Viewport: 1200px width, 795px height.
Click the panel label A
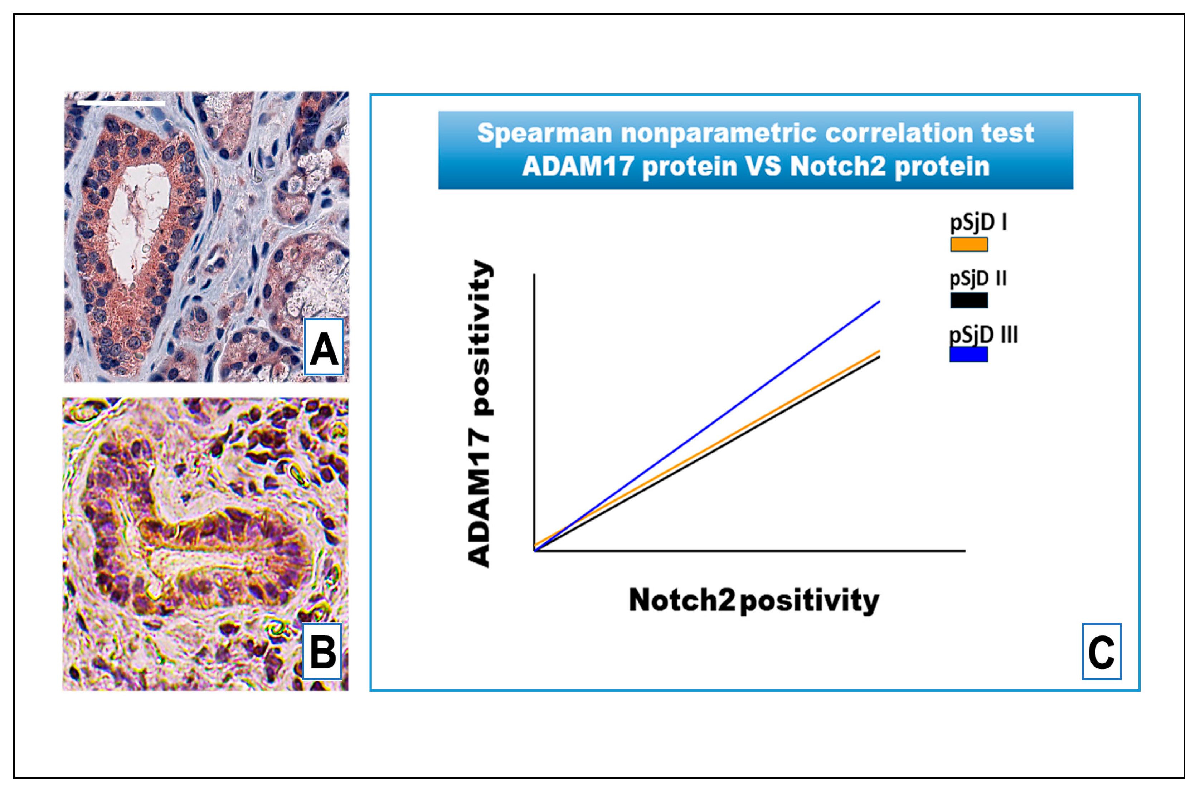[x=324, y=347]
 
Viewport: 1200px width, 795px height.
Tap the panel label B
[x=322, y=652]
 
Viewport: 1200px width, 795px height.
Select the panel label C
[x=1102, y=652]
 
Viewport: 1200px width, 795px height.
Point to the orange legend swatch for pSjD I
[x=969, y=244]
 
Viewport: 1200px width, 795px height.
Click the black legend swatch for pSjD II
[x=969, y=300]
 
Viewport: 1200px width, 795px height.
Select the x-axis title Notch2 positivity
[x=754, y=600]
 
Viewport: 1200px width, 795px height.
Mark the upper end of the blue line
[x=879, y=302]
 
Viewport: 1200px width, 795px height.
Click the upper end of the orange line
[x=879, y=351]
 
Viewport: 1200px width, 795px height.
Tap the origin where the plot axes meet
[x=535, y=550]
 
